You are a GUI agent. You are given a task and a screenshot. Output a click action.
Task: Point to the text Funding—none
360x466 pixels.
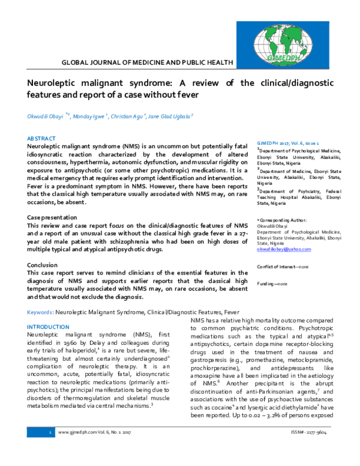(272, 283)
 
